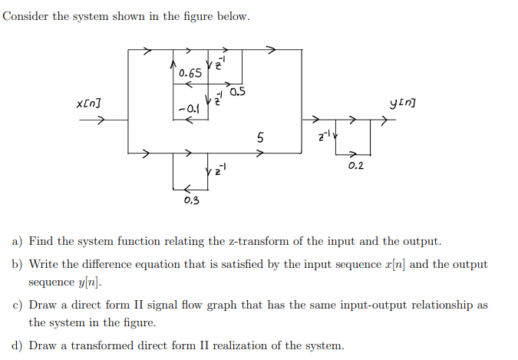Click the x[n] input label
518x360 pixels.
click(89, 104)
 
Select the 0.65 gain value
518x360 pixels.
click(190, 74)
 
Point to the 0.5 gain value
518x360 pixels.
click(237, 93)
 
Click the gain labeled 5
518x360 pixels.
click(261, 138)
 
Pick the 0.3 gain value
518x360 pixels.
click(191, 201)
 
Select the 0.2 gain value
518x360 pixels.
click(355, 166)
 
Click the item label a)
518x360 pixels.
click(16, 241)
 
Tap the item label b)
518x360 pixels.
click(16, 264)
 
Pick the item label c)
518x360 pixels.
click(16, 305)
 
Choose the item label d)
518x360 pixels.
click(16, 345)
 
